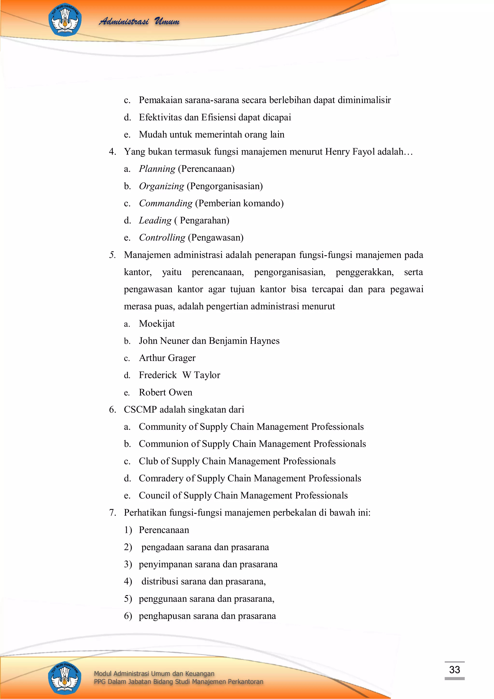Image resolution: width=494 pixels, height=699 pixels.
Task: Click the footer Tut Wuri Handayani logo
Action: [x=65, y=678]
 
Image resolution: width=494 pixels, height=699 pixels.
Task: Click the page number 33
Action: [x=454, y=670]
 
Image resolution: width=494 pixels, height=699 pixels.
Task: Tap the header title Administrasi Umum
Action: [x=139, y=21]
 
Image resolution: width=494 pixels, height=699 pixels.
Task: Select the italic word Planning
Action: [x=157, y=169]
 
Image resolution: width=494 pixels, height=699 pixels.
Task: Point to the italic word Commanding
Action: [x=165, y=203]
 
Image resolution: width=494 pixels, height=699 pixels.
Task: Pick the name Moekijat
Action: [x=157, y=323]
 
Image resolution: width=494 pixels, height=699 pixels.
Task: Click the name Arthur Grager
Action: [x=167, y=358]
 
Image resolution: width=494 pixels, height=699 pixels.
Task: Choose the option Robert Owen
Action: [x=165, y=392]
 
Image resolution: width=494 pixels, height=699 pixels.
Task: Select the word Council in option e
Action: [x=154, y=495]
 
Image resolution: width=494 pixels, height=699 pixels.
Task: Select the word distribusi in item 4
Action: [x=159, y=581]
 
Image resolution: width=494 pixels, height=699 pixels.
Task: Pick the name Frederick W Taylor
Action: [x=179, y=375]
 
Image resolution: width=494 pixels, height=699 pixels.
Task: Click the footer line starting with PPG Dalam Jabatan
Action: [x=178, y=681]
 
